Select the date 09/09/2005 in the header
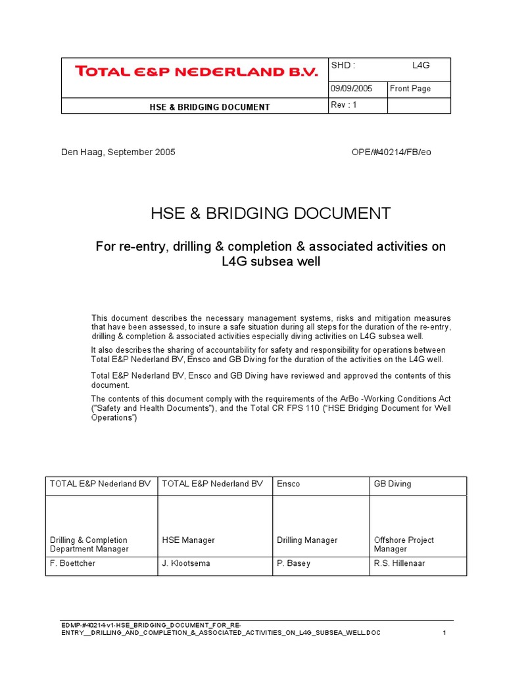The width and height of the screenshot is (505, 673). [352, 89]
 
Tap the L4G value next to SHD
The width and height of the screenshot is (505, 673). [421, 66]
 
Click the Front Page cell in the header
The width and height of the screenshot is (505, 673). [410, 89]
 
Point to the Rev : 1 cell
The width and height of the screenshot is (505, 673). [344, 105]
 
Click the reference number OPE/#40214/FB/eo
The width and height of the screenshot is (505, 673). [392, 152]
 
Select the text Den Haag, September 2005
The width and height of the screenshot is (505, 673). [118, 152]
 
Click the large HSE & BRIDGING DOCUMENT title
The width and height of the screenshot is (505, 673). [270, 214]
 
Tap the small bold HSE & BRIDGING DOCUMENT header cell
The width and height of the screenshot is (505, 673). [195, 106]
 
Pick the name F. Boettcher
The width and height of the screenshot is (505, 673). [73, 563]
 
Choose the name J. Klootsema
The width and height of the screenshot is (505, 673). [186, 563]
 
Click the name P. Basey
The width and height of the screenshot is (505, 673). [294, 563]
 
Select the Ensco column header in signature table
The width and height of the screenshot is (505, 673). [288, 484]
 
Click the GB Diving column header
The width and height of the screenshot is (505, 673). [393, 484]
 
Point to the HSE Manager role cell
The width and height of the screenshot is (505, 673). [188, 540]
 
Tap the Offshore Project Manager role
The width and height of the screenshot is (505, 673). [404, 544]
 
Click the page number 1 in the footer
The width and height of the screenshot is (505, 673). [445, 633]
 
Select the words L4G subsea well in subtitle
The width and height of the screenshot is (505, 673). [270, 261]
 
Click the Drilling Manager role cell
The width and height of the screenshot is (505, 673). [307, 540]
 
